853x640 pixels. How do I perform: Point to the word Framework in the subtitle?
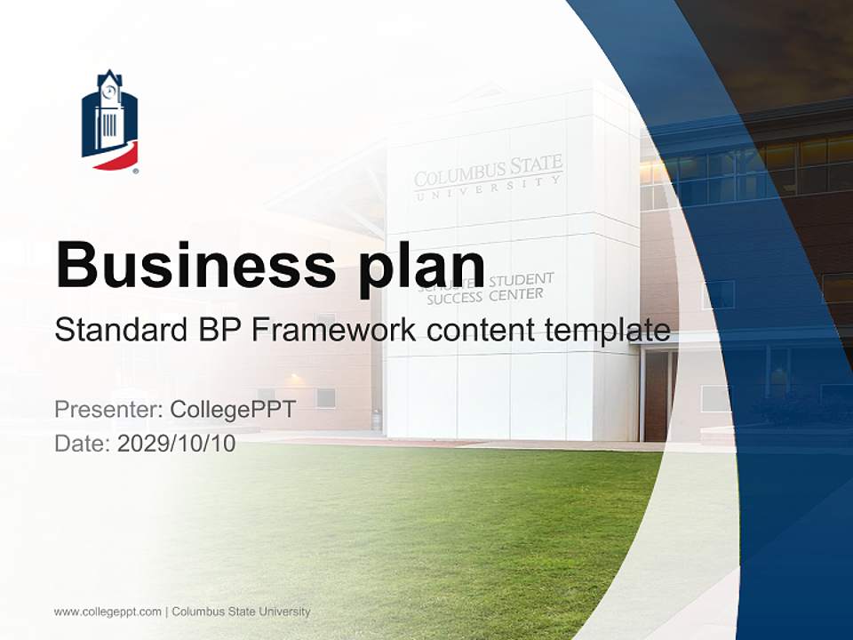(x=333, y=331)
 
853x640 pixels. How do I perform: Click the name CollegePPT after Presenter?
(x=233, y=410)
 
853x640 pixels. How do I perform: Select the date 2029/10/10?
(x=177, y=444)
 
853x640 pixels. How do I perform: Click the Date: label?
(x=83, y=444)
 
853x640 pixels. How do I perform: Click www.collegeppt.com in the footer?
(x=108, y=612)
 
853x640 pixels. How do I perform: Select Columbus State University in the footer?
(x=241, y=612)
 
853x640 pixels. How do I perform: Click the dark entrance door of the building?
(x=656, y=395)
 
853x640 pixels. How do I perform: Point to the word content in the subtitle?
(x=484, y=331)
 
